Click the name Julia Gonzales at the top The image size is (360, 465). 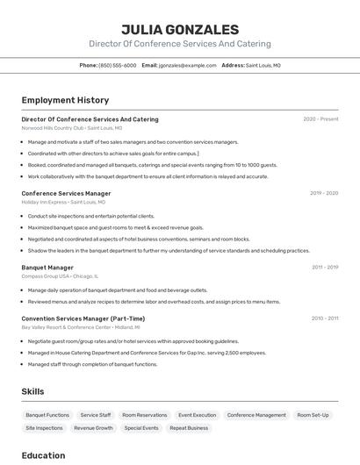click(180, 29)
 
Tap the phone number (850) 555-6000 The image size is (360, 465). click(118, 65)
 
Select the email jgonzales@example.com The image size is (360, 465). click(187, 65)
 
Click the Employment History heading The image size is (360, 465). click(65, 100)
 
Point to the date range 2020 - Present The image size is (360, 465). click(320, 119)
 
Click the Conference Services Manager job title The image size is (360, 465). click(66, 193)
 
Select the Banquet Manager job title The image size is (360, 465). click(47, 267)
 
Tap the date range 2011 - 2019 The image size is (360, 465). click(324, 267)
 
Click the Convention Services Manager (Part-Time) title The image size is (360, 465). click(83, 318)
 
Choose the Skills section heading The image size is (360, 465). click(32, 391)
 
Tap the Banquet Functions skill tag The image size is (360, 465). click(47, 415)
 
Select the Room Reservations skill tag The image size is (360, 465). click(145, 415)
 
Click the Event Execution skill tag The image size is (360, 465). click(197, 415)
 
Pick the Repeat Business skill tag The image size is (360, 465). click(189, 428)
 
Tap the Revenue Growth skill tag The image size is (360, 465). click(93, 428)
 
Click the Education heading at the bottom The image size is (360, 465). click(43, 455)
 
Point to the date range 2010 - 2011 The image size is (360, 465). click(324, 318)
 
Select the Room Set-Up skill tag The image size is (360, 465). click(313, 415)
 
